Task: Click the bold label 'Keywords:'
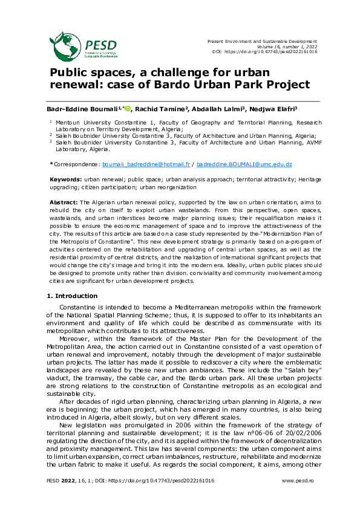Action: coord(65,180)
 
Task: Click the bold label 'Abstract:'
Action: coord(63,201)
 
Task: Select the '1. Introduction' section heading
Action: coord(72,296)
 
